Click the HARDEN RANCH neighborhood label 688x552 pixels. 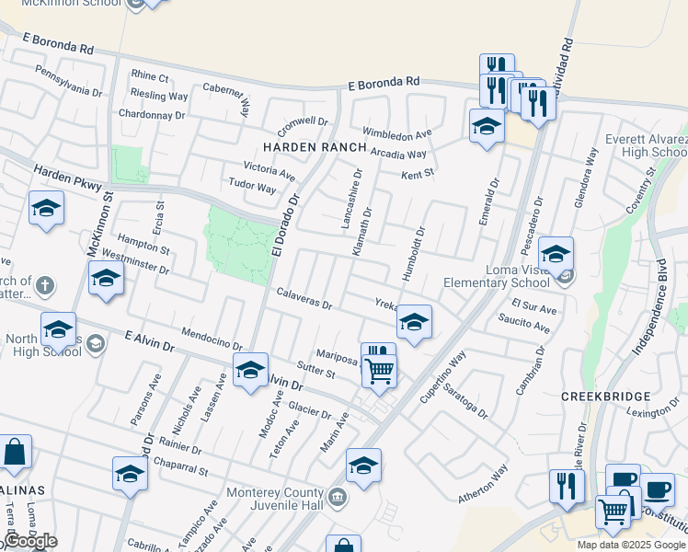314,147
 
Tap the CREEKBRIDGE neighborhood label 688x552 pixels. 606,397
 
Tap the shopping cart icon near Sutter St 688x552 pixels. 379,371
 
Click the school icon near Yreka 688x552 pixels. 414,323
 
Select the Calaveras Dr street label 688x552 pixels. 304,298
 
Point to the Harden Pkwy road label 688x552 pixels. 65,178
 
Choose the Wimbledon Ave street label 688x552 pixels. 396,132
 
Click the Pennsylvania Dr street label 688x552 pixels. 68,79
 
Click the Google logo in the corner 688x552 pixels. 29,541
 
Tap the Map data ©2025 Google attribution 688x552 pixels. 632,545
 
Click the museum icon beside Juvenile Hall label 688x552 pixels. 338,498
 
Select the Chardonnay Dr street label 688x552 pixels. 152,114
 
